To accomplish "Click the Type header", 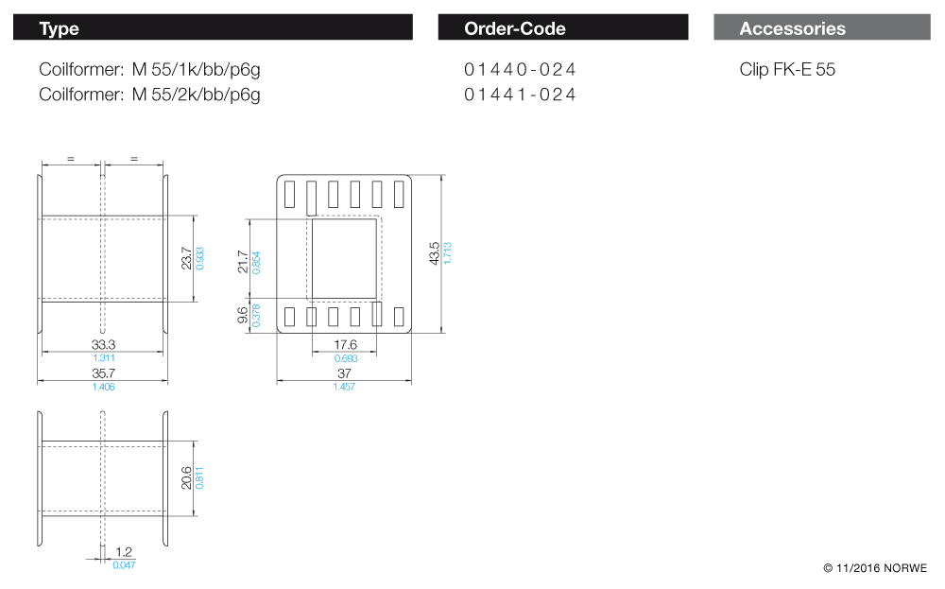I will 59,28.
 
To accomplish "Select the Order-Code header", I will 515,28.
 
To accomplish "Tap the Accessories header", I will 792,28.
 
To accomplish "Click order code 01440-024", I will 520,70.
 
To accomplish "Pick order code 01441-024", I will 520,95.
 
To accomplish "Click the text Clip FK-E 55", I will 787,70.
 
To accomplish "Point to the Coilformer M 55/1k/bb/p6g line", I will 149,70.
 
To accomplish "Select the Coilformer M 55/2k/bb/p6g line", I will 149,95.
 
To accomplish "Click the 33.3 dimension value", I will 104,346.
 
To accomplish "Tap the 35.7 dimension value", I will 104,374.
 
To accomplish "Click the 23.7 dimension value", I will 186,258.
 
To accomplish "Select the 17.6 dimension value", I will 345,346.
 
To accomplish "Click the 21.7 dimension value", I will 243,262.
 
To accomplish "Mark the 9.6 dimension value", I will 243,315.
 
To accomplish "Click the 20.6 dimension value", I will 186,478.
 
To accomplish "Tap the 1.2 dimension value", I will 123,551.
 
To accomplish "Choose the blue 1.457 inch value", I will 344,388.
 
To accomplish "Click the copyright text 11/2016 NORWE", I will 875,568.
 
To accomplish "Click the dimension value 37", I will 344,374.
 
